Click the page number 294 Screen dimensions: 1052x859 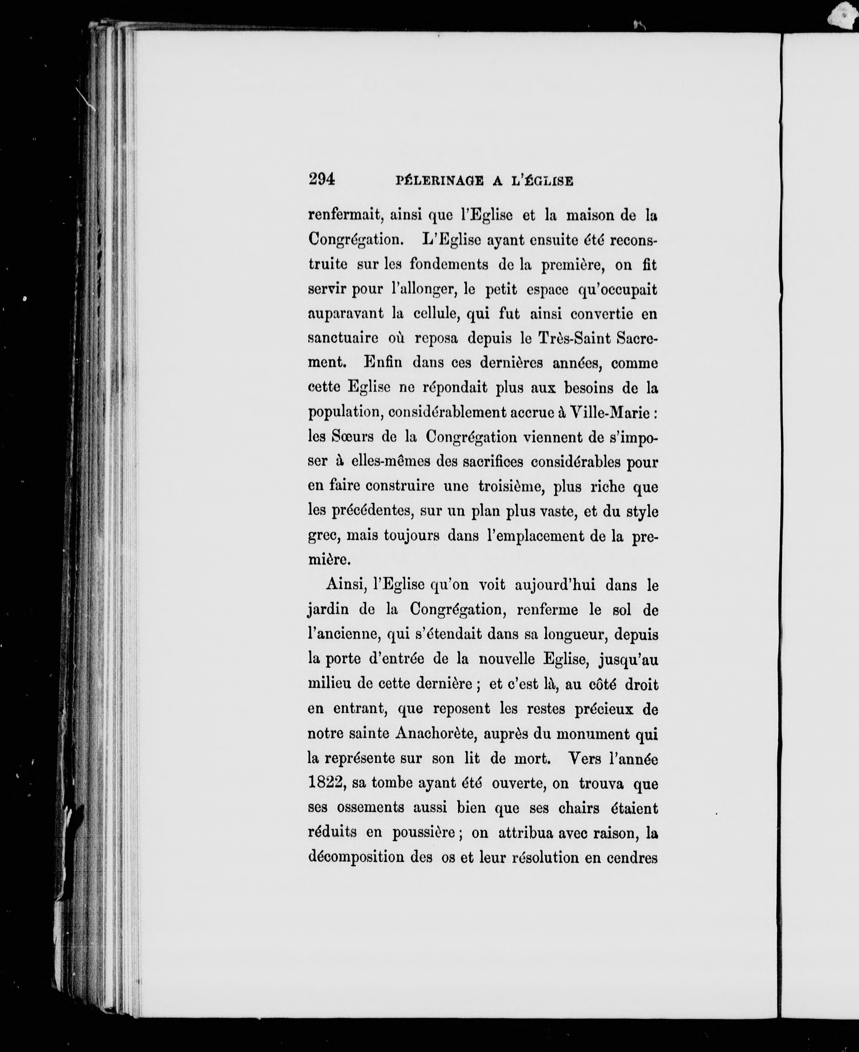point(322,179)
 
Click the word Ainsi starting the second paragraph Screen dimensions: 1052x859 point(345,585)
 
